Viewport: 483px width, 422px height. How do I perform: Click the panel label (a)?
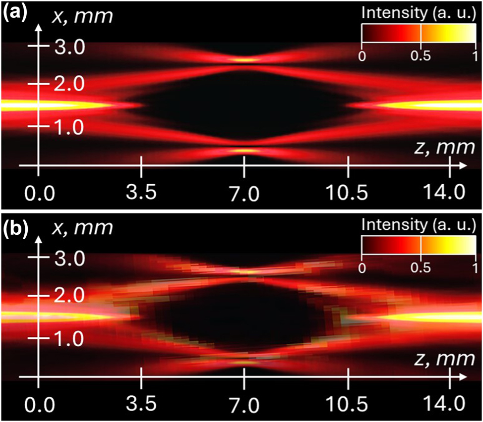(15, 12)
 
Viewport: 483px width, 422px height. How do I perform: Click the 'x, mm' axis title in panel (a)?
(83, 16)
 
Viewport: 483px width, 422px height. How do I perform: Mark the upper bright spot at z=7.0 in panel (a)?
(244, 59)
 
